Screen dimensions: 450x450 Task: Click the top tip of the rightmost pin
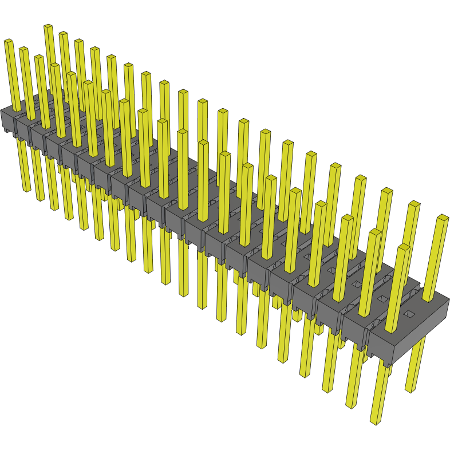pyautogui.click(x=443, y=218)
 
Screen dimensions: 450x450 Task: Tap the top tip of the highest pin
pyautogui.click(x=48, y=26)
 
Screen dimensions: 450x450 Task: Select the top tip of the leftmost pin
pyautogui.click(x=8, y=41)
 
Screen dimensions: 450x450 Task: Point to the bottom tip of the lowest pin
pyautogui.click(x=375, y=423)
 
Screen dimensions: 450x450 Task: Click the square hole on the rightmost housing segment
pyautogui.click(x=410, y=314)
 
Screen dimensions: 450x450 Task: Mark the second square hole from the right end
pyautogui.click(x=382, y=299)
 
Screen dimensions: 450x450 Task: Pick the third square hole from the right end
pyautogui.click(x=356, y=284)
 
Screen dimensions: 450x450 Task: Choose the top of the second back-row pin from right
pyautogui.click(x=413, y=204)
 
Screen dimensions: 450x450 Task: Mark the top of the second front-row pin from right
pyautogui.click(x=374, y=232)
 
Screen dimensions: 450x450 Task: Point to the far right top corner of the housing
pyautogui.click(x=448, y=299)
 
